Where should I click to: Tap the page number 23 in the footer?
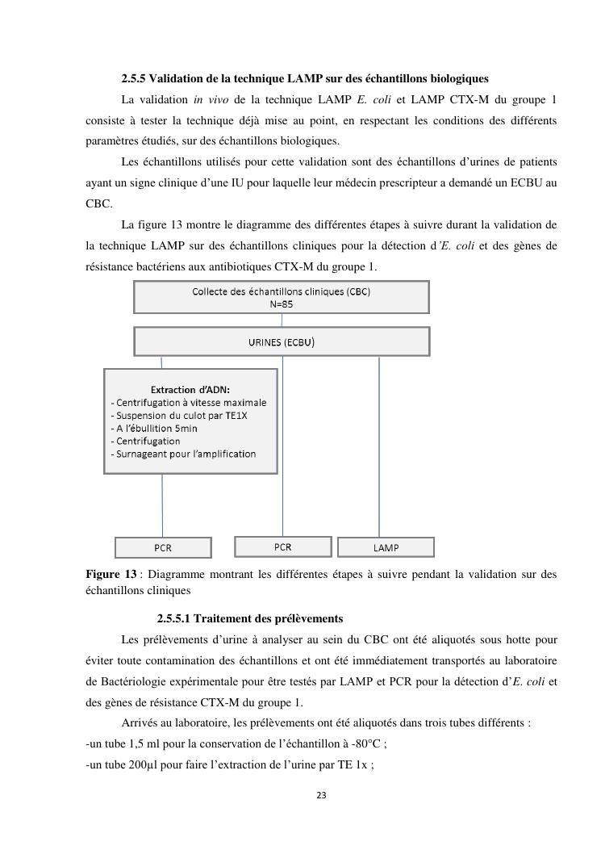(321, 795)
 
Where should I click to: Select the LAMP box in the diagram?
(386, 547)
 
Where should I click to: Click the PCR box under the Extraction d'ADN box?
(163, 547)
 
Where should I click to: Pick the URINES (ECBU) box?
(282, 341)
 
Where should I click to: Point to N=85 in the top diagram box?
(282, 304)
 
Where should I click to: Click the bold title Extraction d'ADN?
(190, 389)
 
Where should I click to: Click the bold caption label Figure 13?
(111, 575)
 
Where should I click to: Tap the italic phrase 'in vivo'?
(211, 99)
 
